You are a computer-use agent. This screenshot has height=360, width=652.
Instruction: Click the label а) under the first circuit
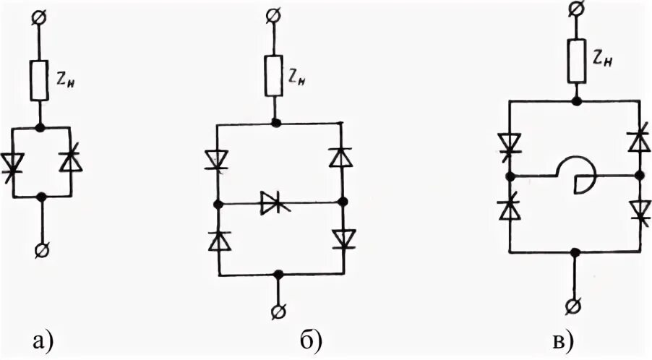coord(40,340)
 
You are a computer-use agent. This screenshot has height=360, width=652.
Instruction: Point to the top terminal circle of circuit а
coord(40,18)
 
